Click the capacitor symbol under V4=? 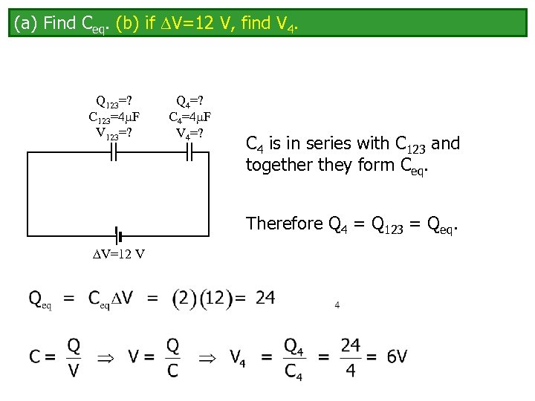189,152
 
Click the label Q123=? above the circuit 114,101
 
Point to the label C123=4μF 114,117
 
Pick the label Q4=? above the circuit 189,101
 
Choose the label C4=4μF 189,117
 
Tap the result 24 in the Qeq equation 265,299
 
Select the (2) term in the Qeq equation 184,299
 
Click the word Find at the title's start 59,24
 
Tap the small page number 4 337,304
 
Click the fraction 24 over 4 351,357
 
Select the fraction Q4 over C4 294,357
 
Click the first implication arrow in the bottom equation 106,357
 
